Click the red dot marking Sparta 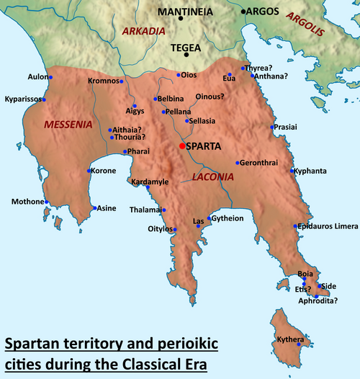182,146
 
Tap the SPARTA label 204,146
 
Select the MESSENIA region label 68,125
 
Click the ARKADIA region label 144,32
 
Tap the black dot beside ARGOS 243,12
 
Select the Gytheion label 229,218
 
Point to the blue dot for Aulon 49,75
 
